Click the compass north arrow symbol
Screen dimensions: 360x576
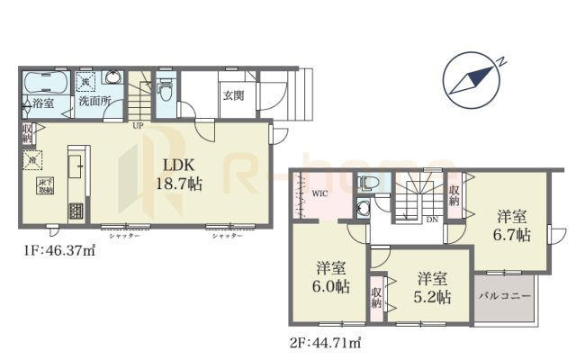click(472, 76)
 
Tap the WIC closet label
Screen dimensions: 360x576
click(320, 193)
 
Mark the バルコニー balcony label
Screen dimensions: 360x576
click(504, 295)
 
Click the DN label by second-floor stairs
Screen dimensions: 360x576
click(433, 218)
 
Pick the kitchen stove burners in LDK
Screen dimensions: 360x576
click(75, 212)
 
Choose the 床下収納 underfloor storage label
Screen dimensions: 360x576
click(44, 187)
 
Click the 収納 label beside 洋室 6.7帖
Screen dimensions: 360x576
click(455, 195)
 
